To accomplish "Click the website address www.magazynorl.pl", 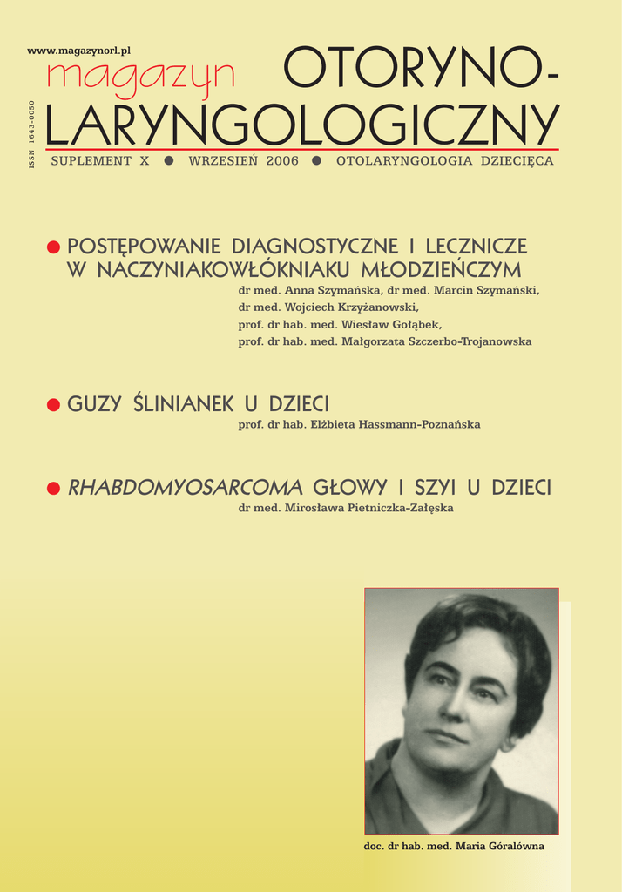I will tap(79, 51).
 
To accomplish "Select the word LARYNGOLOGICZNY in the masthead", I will tap(301, 125).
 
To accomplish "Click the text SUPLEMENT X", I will tap(100, 161).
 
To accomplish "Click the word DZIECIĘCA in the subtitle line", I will tap(515, 161).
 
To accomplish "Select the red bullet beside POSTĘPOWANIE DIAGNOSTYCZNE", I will tap(53, 248).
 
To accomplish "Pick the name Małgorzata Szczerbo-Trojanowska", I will tap(445, 341).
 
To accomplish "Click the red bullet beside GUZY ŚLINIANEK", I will tap(53, 404).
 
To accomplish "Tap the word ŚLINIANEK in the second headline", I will tap(184, 404).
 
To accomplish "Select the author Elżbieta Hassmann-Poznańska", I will tap(396, 424).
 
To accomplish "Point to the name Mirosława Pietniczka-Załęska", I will tap(369, 508).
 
